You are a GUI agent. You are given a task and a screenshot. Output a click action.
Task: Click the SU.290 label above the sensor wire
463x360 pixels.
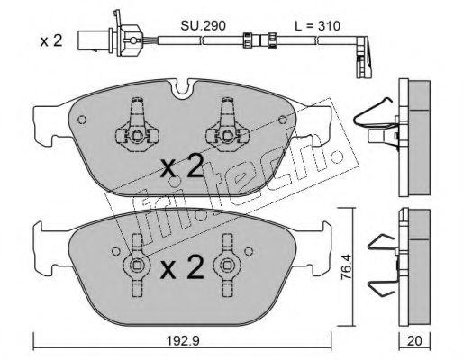tap(203, 26)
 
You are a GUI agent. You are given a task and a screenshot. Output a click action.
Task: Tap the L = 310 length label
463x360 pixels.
tap(317, 26)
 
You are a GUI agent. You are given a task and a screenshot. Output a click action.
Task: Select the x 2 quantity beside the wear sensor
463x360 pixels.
tap(51, 40)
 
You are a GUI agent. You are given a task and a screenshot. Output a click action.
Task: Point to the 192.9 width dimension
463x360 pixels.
tap(183, 340)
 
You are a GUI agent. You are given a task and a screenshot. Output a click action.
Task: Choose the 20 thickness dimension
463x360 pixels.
tap(414, 340)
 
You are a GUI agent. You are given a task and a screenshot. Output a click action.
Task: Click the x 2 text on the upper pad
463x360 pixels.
tap(182, 167)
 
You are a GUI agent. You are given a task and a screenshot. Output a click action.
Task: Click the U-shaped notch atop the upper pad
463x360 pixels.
tap(181, 88)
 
